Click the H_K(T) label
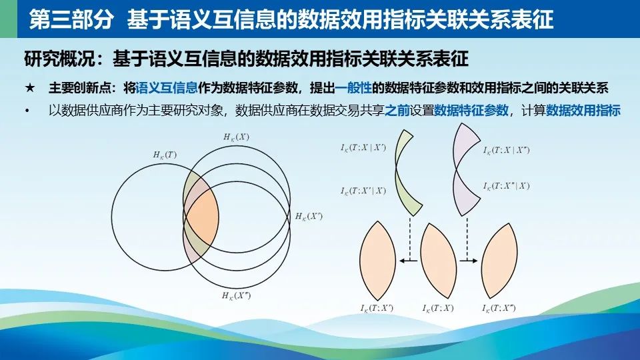(x=165, y=155)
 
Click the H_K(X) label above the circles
(x=236, y=137)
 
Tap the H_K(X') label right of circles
(x=309, y=216)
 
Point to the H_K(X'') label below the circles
(x=236, y=295)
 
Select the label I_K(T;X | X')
(x=363, y=148)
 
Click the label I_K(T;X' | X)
(x=363, y=191)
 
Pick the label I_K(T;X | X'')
(x=507, y=150)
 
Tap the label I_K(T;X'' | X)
(x=507, y=186)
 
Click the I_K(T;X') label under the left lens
(x=377, y=308)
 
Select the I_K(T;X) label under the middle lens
(x=438, y=308)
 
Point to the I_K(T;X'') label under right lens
(x=499, y=308)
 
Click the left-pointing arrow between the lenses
(x=408, y=261)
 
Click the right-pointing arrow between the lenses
(x=469, y=261)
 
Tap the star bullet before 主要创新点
(x=30, y=88)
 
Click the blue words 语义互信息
(x=167, y=88)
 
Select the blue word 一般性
(x=353, y=88)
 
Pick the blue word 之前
(x=397, y=110)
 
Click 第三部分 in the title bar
(x=71, y=19)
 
